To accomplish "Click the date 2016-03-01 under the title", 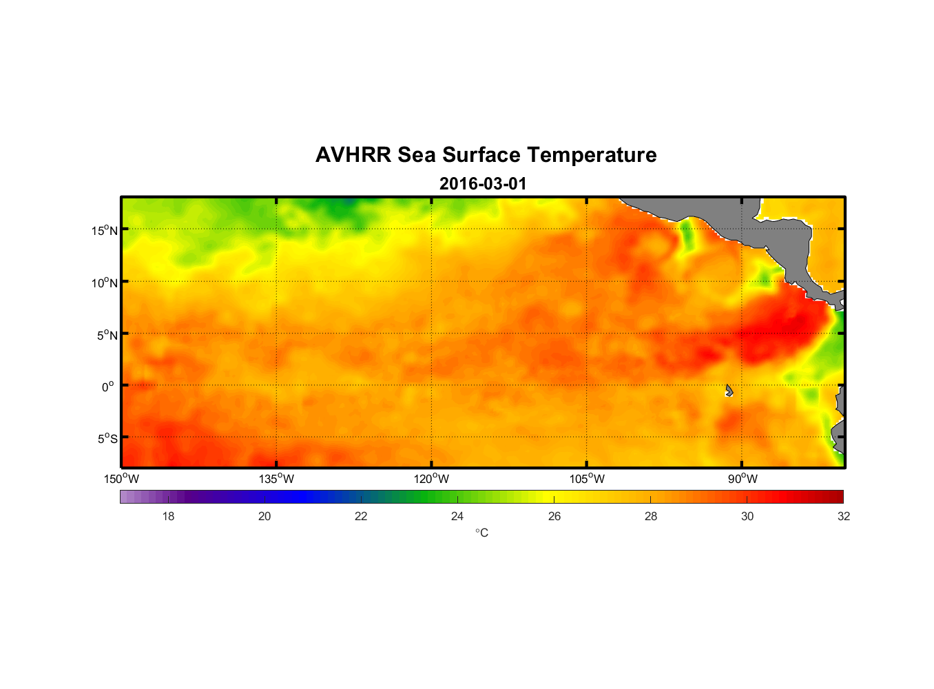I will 483,184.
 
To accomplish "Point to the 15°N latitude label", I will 105,230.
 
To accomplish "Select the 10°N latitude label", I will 105,282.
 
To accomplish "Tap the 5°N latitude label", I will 107,335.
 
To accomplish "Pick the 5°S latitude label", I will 107,439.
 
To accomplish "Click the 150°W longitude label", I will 121,479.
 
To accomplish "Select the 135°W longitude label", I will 276,479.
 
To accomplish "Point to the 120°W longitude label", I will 431,479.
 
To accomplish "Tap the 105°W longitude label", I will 587,479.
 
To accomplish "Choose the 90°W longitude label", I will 743,479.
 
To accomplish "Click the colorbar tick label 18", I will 168,516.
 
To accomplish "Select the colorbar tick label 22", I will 361,516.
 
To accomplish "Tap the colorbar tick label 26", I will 554,516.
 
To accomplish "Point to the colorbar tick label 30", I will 747,516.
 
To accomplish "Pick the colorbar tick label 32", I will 844,516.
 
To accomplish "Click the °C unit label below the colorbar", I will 481,533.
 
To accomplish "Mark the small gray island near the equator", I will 729,391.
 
